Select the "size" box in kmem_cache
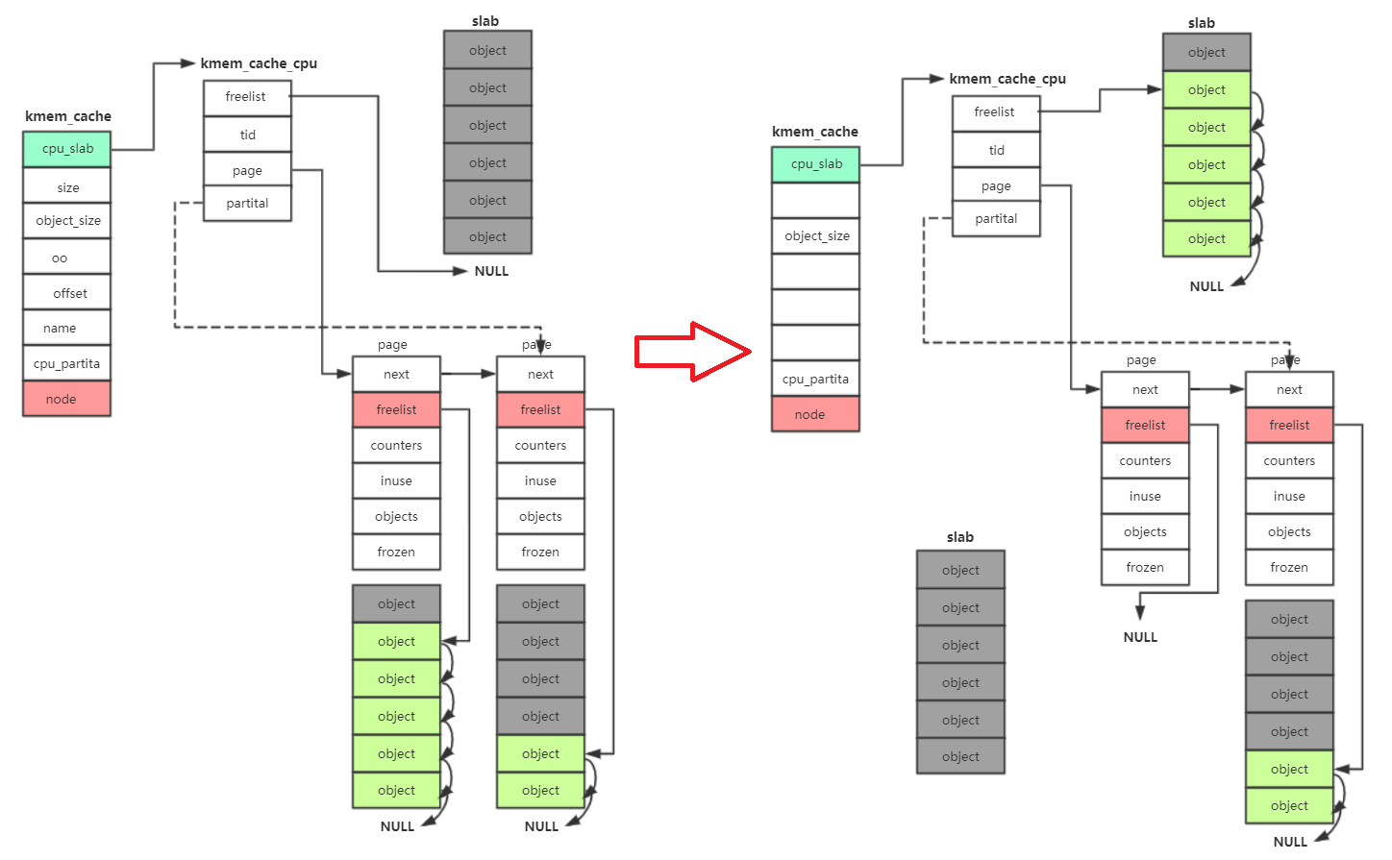[x=67, y=187]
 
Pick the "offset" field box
[x=67, y=293]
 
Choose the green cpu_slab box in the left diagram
[x=67, y=149]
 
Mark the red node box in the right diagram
[x=815, y=414]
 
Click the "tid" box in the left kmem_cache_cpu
[x=247, y=135]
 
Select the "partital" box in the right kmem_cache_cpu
[x=996, y=219]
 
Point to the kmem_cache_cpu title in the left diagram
[x=259, y=63]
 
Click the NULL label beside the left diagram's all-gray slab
[x=491, y=271]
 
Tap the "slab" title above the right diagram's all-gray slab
[x=959, y=537]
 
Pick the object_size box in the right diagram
[x=815, y=236]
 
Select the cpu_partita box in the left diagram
[x=67, y=363]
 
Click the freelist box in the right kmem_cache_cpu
[x=996, y=112]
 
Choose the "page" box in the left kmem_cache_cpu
[x=247, y=170]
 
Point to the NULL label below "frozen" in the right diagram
[x=1140, y=637]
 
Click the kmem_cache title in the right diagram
[x=815, y=132]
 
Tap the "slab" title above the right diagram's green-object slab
[x=1201, y=23]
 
